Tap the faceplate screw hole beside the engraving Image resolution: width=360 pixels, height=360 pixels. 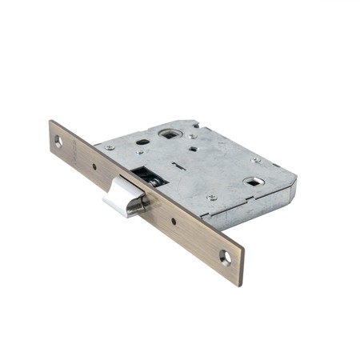click(58, 141)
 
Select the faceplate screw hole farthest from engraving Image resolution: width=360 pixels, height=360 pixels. click(226, 258)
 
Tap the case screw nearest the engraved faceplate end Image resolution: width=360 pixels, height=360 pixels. click(110, 148)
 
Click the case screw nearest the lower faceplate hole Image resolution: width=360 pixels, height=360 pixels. click(212, 198)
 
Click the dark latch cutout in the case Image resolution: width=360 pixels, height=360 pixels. click(141, 172)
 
